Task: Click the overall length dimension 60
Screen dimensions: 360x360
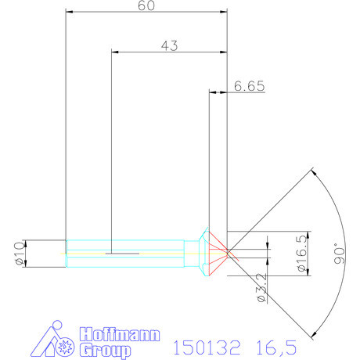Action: point(146,6)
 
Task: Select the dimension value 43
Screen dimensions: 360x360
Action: point(170,45)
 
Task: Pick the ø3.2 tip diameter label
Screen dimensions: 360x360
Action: point(263,289)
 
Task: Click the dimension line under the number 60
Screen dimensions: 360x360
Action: point(146,13)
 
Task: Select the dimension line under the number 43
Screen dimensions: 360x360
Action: point(170,52)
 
